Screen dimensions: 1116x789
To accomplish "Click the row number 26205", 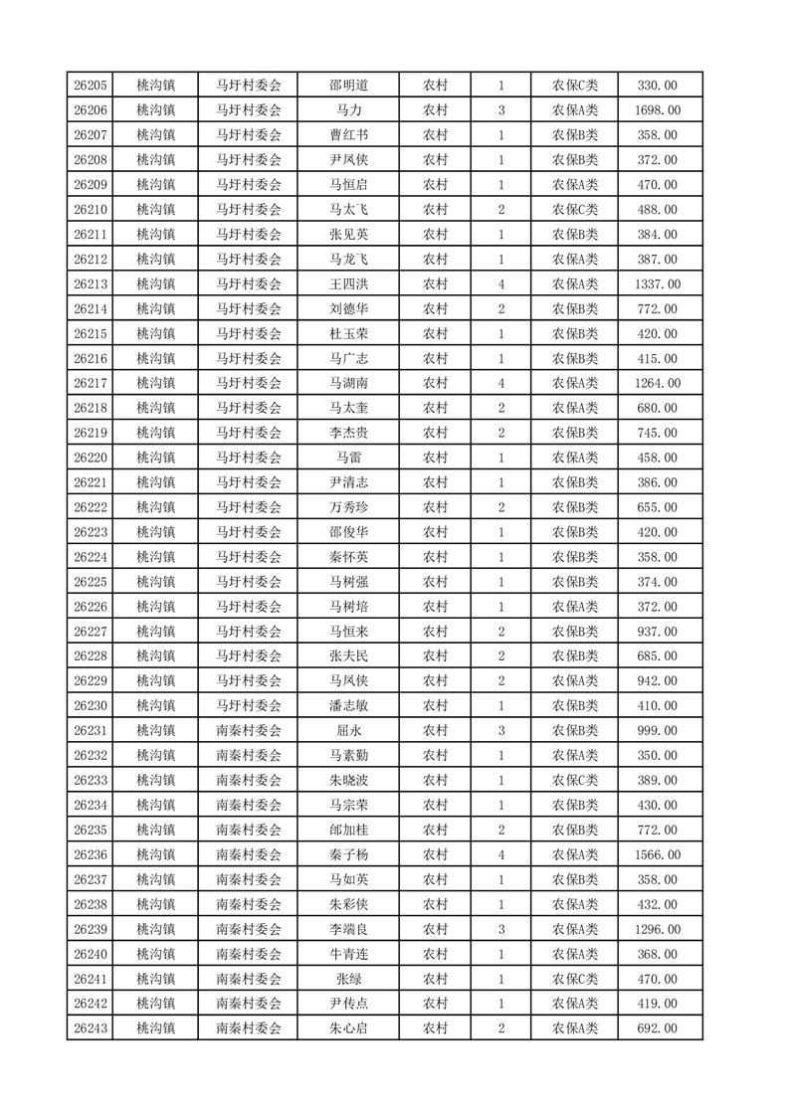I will click(x=91, y=86).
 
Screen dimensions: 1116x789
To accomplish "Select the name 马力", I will click(x=348, y=110).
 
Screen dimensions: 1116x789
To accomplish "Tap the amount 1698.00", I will click(x=658, y=110).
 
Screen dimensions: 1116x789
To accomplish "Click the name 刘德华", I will click(x=348, y=309).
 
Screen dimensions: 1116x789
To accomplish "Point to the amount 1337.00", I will click(x=658, y=284).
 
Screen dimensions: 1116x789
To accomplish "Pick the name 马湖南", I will click(x=348, y=383).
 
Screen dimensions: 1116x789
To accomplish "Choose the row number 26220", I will click(x=91, y=458).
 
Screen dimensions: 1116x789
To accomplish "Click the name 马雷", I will click(x=348, y=458).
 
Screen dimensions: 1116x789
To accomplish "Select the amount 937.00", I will click(x=658, y=632).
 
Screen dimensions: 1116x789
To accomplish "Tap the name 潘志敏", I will click(x=348, y=706).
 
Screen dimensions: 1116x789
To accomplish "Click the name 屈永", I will click(x=348, y=731).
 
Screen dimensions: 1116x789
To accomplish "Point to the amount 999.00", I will click(x=658, y=731).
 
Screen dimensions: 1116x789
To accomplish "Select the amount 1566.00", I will click(x=658, y=854).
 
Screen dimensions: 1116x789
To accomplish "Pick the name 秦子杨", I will click(x=348, y=854).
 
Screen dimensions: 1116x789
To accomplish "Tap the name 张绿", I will click(x=348, y=979).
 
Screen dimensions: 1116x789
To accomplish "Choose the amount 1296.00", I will click(x=658, y=929).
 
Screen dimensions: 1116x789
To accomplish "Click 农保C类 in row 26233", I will click(x=575, y=781).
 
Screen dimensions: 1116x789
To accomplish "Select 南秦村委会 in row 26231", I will click(x=249, y=731).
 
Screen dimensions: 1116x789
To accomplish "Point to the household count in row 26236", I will click(x=500, y=854).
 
